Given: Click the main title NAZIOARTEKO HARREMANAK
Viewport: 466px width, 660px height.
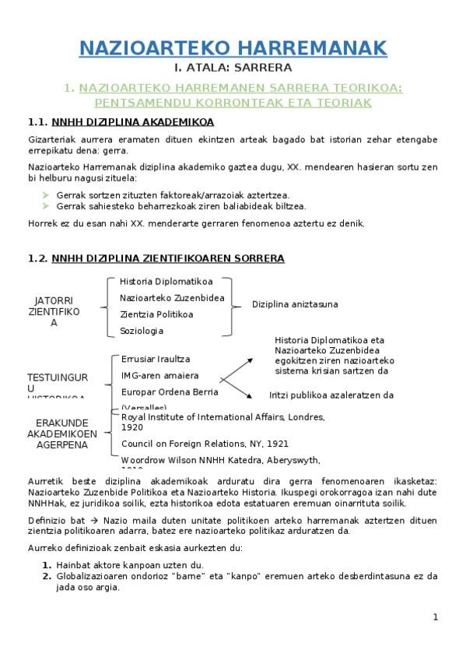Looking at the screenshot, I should pos(233,48).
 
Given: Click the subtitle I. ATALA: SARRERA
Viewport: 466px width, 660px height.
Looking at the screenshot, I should pos(233,67).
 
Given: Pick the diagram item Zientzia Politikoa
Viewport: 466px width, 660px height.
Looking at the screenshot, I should pos(156,314).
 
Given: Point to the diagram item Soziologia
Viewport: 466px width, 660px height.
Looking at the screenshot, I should pos(142,331).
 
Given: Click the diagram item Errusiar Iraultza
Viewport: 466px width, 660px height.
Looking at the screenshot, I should pos(156,359).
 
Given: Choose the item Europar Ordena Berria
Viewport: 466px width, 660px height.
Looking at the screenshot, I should pos(170,391).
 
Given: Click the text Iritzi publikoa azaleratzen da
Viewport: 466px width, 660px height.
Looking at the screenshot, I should pos(331,395).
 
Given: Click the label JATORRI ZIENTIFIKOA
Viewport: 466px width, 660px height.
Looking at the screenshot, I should pos(54,311).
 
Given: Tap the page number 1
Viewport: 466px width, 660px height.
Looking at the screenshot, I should pos(436,617).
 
